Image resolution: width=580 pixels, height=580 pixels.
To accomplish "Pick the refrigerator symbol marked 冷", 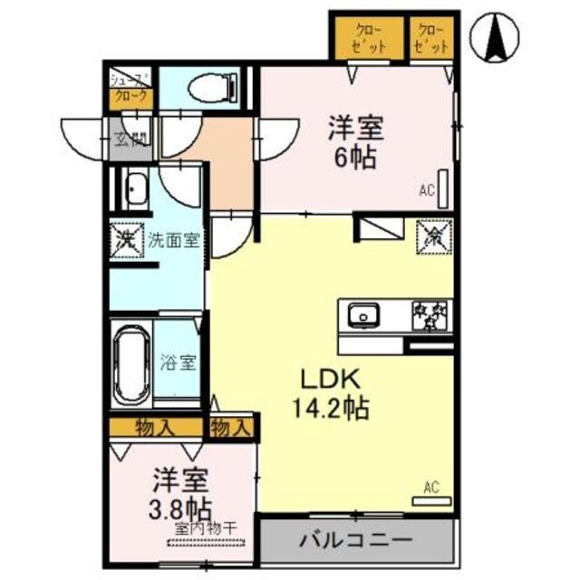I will click(x=433, y=237).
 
